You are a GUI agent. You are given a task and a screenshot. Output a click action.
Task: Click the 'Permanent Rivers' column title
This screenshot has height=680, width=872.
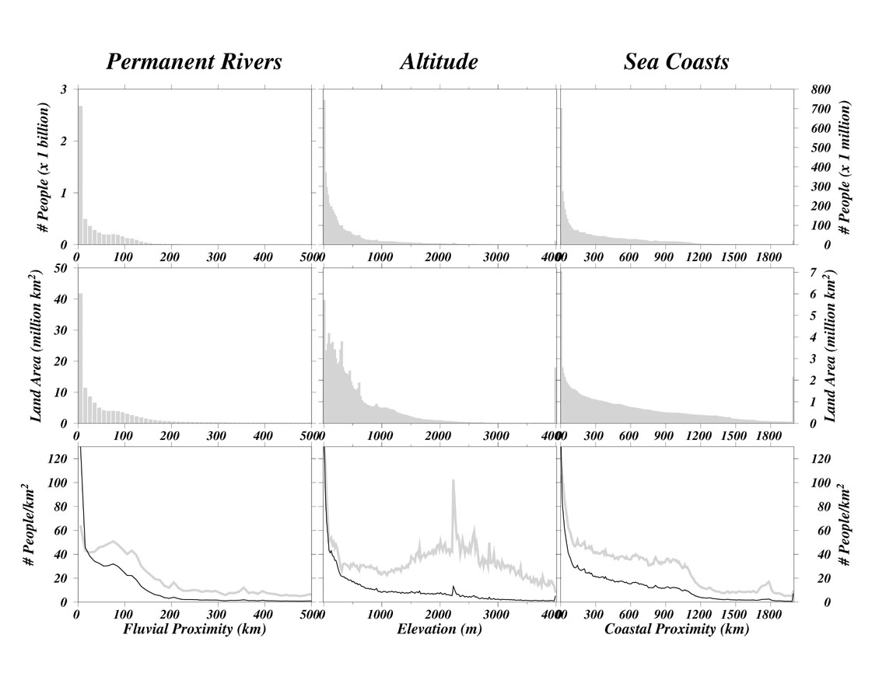pos(194,62)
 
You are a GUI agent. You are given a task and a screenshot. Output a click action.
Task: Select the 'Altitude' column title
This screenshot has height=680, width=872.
pos(439,62)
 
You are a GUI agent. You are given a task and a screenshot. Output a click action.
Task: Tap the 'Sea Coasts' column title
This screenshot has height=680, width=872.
pos(676,62)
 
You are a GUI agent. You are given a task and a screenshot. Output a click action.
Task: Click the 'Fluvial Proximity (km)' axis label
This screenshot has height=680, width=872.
pos(194,629)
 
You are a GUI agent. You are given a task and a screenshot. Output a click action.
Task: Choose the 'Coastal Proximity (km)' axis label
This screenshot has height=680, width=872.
pos(677,629)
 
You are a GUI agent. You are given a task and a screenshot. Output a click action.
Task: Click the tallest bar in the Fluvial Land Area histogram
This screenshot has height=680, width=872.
pos(79,357)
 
